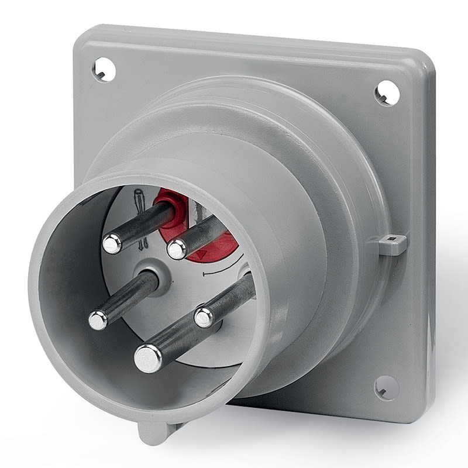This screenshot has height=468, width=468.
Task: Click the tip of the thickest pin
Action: pyautogui.click(x=148, y=357)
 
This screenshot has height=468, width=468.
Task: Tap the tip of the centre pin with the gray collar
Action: pyautogui.click(x=98, y=319)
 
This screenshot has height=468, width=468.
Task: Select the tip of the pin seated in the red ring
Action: pyautogui.click(x=112, y=243)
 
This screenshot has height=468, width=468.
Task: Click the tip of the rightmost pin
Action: pyautogui.click(x=204, y=318)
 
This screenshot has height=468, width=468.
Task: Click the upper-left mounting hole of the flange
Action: pyautogui.click(x=104, y=70)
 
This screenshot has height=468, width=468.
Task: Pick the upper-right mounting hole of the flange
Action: pyautogui.click(x=387, y=92)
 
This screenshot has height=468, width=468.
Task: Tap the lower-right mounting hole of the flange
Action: pyautogui.click(x=386, y=387)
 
